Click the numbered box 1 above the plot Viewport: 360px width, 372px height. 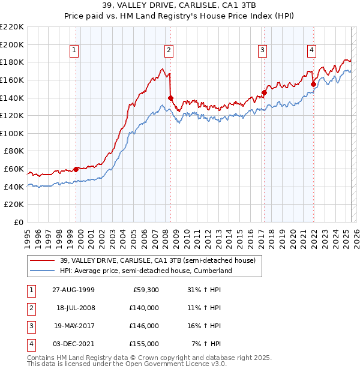click(x=74, y=50)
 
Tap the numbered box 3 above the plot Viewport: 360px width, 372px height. click(x=263, y=50)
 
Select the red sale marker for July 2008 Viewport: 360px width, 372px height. click(x=170, y=98)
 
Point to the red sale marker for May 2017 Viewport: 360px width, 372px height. click(x=264, y=92)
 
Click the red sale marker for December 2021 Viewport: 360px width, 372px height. click(x=313, y=85)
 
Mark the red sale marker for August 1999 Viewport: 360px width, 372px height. click(x=76, y=169)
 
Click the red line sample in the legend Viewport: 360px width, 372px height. click(x=43, y=260)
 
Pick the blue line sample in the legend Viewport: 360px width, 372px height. click(x=43, y=271)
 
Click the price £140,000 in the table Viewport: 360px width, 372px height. click(x=145, y=308)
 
